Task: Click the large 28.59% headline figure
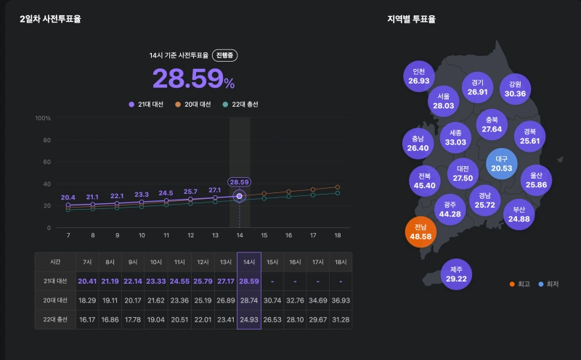[x=193, y=78]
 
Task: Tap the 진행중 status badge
[x=225, y=55]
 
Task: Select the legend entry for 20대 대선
[x=192, y=105]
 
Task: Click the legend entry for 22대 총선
[x=240, y=105]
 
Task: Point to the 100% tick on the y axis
[x=43, y=118]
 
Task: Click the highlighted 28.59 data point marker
[x=239, y=196]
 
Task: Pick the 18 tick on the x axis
[x=337, y=236]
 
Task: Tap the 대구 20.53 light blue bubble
[x=501, y=163]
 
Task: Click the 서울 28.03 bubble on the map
[x=443, y=101]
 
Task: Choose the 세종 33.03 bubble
[x=455, y=137]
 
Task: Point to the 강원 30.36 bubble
[x=515, y=89]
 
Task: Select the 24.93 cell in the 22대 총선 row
[x=248, y=319]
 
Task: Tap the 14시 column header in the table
[x=248, y=261]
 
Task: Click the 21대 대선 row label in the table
[x=55, y=280]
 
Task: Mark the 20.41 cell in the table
[x=87, y=280]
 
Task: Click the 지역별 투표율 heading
[x=411, y=20]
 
